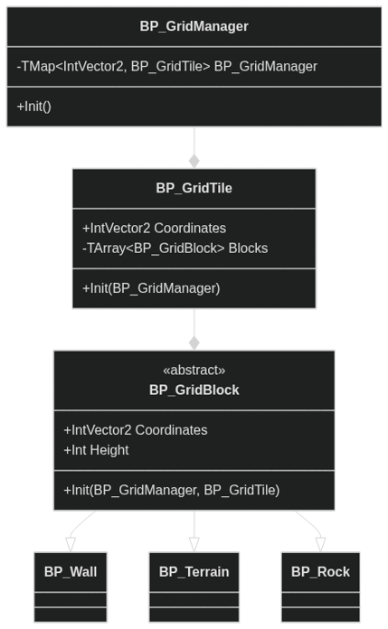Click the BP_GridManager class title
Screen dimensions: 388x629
tap(194, 26)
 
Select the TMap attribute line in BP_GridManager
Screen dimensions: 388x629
tap(167, 66)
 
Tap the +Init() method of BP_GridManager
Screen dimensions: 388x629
tap(34, 107)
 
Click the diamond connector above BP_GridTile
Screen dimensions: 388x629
tap(194, 161)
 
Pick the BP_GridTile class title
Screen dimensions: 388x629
tap(194, 188)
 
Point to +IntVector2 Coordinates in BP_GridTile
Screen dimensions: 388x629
tap(155, 229)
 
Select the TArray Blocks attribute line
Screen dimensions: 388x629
tap(175, 249)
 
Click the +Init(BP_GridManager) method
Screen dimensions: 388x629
tap(151, 288)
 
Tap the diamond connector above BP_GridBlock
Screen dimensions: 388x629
tap(194, 343)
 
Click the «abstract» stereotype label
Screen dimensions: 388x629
tap(194, 370)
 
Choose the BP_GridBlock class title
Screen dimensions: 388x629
tap(194, 390)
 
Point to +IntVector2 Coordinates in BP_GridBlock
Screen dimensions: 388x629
tap(136, 430)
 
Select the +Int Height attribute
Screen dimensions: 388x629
tap(96, 450)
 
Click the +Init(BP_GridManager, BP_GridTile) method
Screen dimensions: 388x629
tap(172, 490)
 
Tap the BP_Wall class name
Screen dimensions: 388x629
tap(71, 572)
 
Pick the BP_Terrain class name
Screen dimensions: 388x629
tap(194, 572)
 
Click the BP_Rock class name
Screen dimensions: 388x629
tap(320, 572)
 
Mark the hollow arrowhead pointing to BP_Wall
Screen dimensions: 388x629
tap(71, 544)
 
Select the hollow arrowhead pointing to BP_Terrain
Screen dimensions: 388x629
tap(194, 544)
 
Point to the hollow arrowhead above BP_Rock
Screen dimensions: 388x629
tap(320, 544)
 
